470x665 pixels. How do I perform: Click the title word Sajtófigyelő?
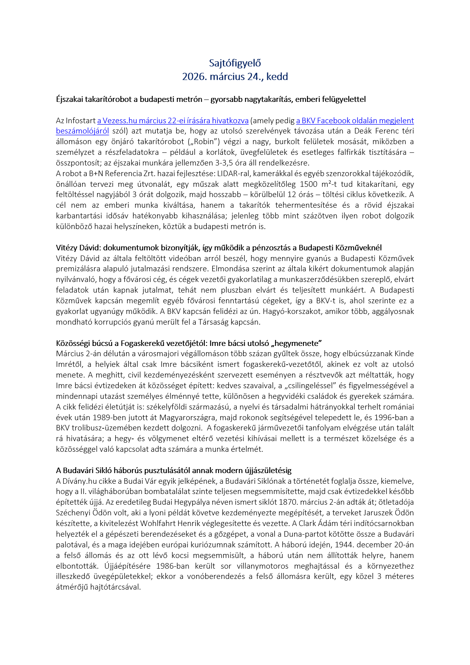[x=235, y=63]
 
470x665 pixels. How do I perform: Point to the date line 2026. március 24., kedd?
[x=235, y=77]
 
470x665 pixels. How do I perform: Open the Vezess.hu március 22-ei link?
[x=173, y=120]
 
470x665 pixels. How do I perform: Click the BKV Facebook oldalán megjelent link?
[x=355, y=120]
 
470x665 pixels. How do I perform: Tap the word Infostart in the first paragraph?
[x=81, y=120]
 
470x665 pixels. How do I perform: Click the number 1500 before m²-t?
[x=308, y=184]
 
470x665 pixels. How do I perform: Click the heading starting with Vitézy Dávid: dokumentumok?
[x=219, y=248]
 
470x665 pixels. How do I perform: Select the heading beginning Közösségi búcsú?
[x=189, y=343]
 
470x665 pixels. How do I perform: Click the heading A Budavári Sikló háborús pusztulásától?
[x=174, y=470]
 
